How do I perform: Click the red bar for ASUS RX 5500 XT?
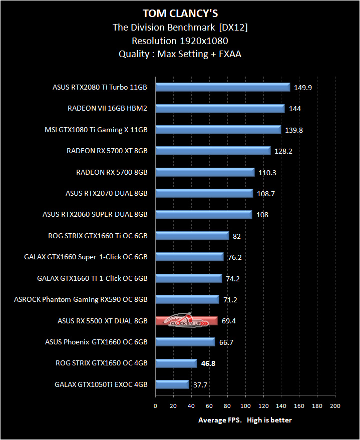click(187, 321)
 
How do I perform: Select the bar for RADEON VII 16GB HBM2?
click(220, 109)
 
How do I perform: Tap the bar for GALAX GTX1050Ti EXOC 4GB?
click(172, 384)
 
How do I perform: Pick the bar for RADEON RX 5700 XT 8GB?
click(213, 151)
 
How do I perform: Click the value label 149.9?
click(303, 88)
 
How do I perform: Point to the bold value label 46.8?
click(208, 363)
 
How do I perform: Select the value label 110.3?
click(267, 173)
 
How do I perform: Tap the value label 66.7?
click(226, 342)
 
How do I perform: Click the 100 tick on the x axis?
click(245, 406)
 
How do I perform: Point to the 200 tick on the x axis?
click(335, 406)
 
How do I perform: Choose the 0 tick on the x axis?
click(155, 406)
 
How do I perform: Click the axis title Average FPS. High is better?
click(245, 420)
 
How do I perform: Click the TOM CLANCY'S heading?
click(180, 13)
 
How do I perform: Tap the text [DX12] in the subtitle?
click(233, 27)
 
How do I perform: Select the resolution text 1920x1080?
click(204, 41)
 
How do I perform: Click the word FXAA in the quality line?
click(230, 54)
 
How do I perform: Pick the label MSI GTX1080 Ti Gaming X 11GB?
click(96, 130)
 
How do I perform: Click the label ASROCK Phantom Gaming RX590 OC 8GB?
click(81, 299)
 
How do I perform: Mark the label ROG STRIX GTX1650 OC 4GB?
click(102, 363)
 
